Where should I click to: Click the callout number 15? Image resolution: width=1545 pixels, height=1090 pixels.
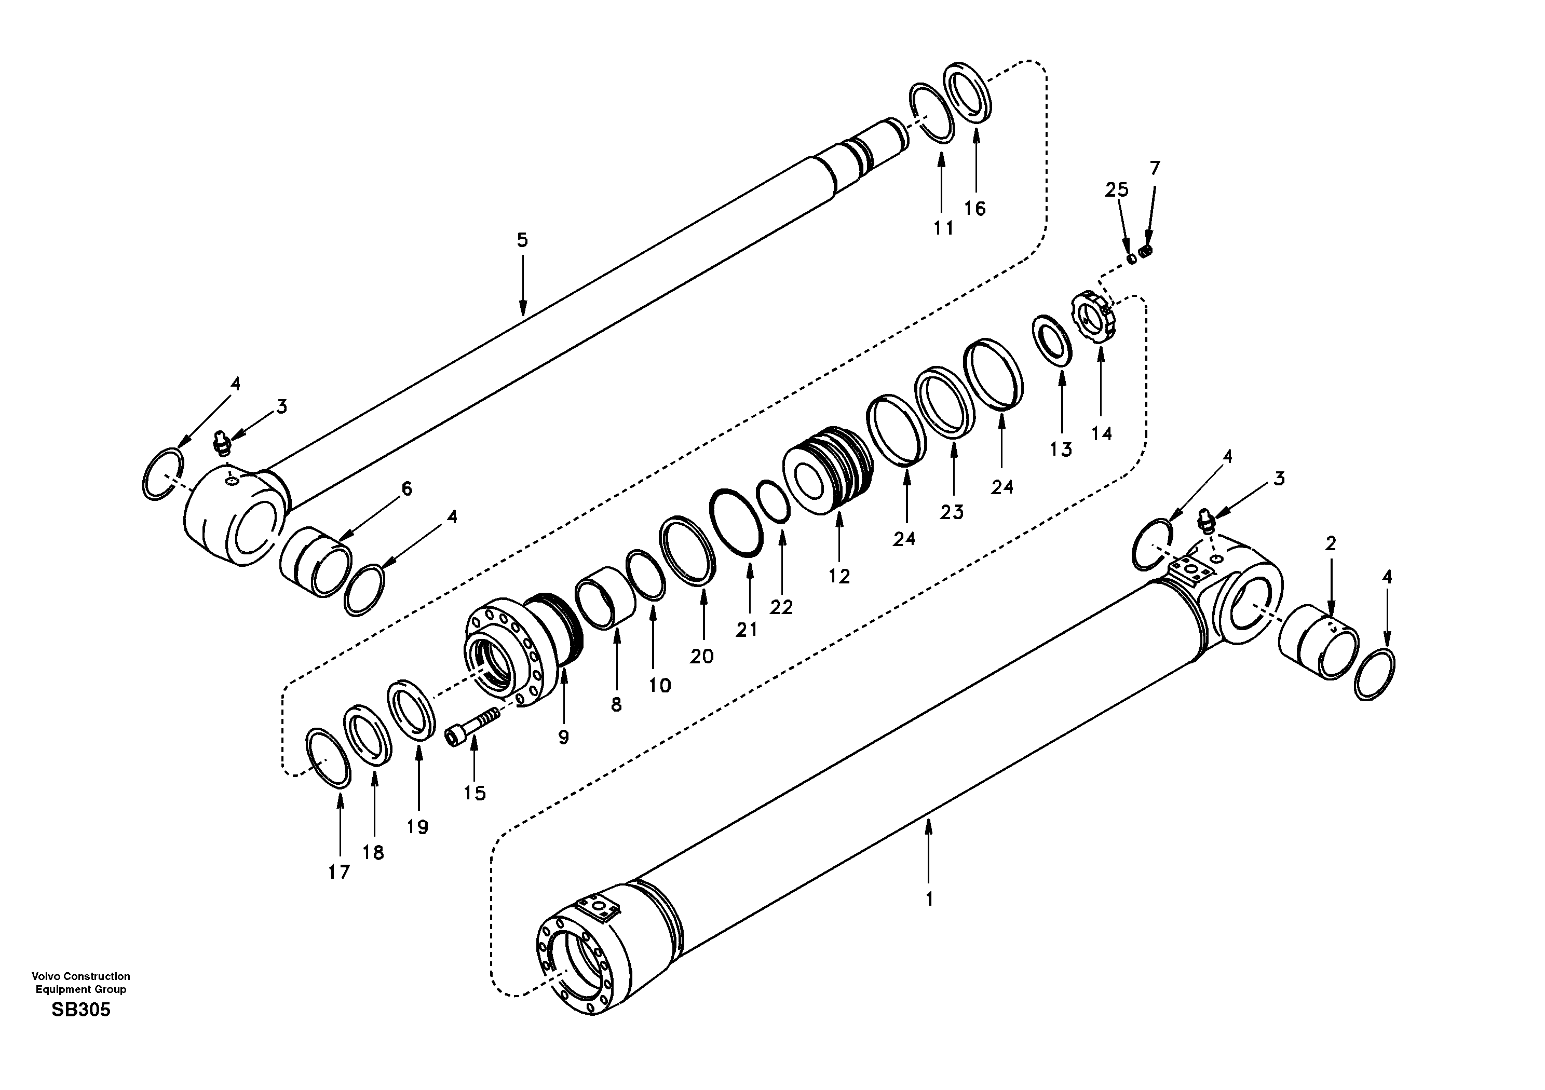point(475,793)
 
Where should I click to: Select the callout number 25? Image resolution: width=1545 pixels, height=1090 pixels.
point(1116,190)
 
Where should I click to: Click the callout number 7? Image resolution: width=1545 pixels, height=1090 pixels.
point(1155,168)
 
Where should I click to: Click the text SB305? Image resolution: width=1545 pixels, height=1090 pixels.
point(81,1010)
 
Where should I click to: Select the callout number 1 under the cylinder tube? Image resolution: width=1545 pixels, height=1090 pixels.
point(929,899)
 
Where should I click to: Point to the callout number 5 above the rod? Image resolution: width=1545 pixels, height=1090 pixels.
point(522,240)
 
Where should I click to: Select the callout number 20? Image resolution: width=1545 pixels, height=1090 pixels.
point(702,656)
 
